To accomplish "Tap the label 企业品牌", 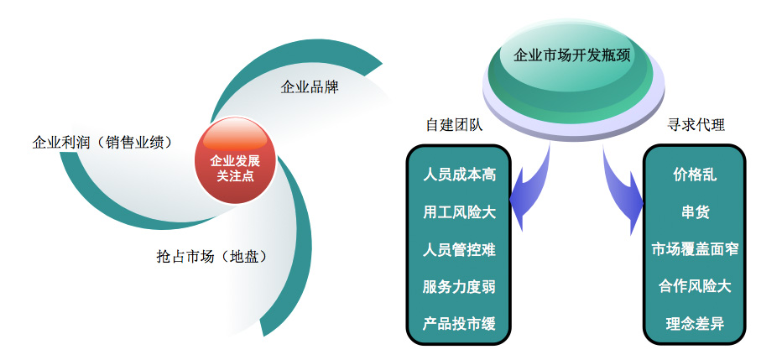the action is click(x=310, y=87).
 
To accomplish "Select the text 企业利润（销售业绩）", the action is click(x=102, y=143).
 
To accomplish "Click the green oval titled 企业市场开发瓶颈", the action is click(x=572, y=76).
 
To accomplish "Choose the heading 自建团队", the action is click(x=454, y=125).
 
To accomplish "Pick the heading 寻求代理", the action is click(x=696, y=125).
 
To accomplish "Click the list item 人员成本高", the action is click(x=459, y=175).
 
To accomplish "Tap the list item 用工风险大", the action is click(x=459, y=212).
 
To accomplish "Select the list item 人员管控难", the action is click(x=459, y=249).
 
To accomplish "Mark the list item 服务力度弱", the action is click(x=459, y=287).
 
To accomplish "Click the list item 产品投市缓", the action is click(x=459, y=324).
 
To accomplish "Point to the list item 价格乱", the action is click(x=695, y=175).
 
